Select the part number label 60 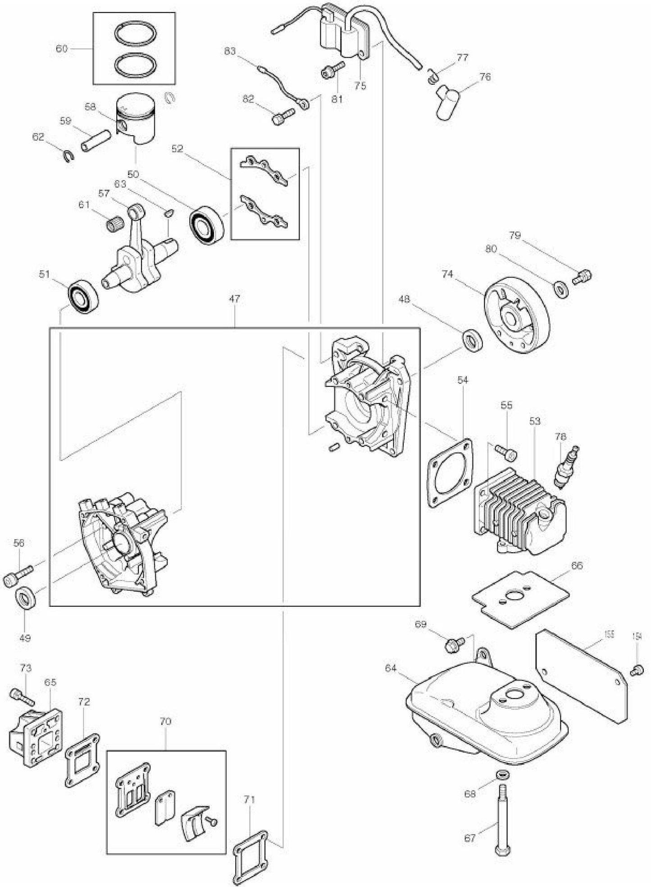(x=62, y=48)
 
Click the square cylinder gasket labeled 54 (x=451, y=472)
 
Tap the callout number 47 (x=234, y=298)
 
